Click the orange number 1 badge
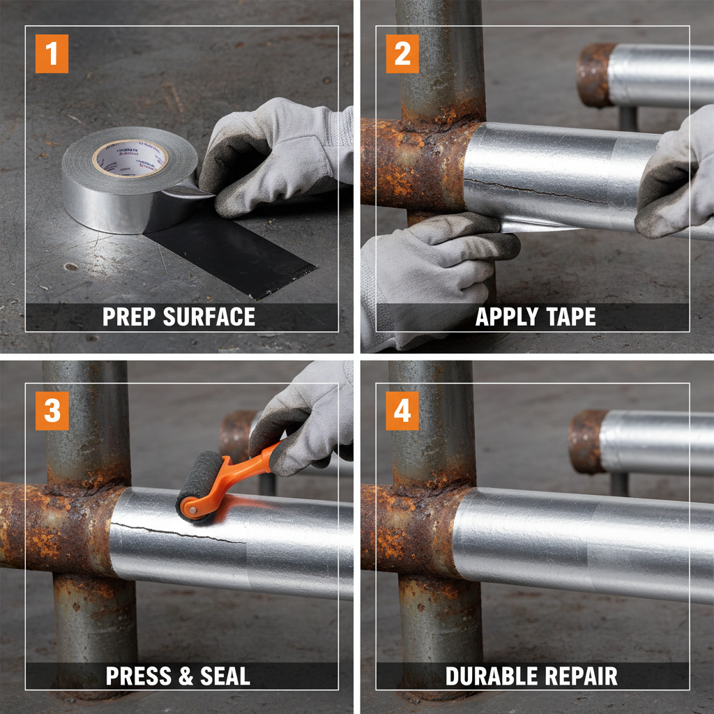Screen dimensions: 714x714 (x=52, y=54)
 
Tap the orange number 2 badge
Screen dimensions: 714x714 (x=402, y=54)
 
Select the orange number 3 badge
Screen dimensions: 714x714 (x=52, y=411)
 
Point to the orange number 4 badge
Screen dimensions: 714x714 (x=402, y=411)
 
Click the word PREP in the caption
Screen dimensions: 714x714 (x=130, y=317)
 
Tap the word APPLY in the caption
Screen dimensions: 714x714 (x=503, y=317)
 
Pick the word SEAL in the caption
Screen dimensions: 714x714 (x=225, y=676)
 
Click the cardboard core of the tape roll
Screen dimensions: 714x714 (x=130, y=158)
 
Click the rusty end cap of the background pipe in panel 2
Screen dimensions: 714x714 (x=593, y=75)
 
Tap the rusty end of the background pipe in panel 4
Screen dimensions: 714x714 (x=586, y=441)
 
